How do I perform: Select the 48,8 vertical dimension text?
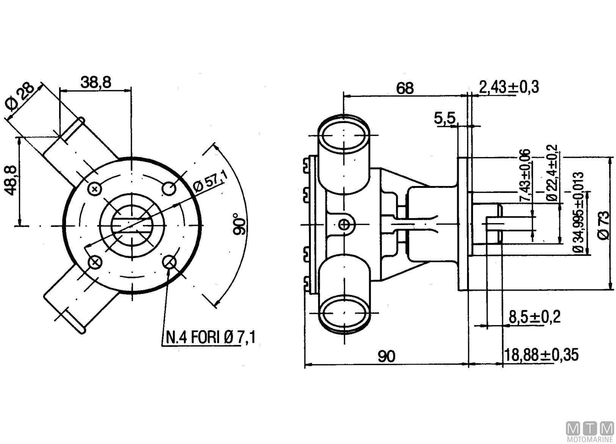tap(12, 180)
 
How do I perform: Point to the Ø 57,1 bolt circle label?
tap(208, 182)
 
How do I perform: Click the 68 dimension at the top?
tap(404, 88)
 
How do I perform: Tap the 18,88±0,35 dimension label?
tap(541, 355)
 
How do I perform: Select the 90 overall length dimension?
tap(386, 356)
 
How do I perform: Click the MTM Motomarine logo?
tap(590, 431)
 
